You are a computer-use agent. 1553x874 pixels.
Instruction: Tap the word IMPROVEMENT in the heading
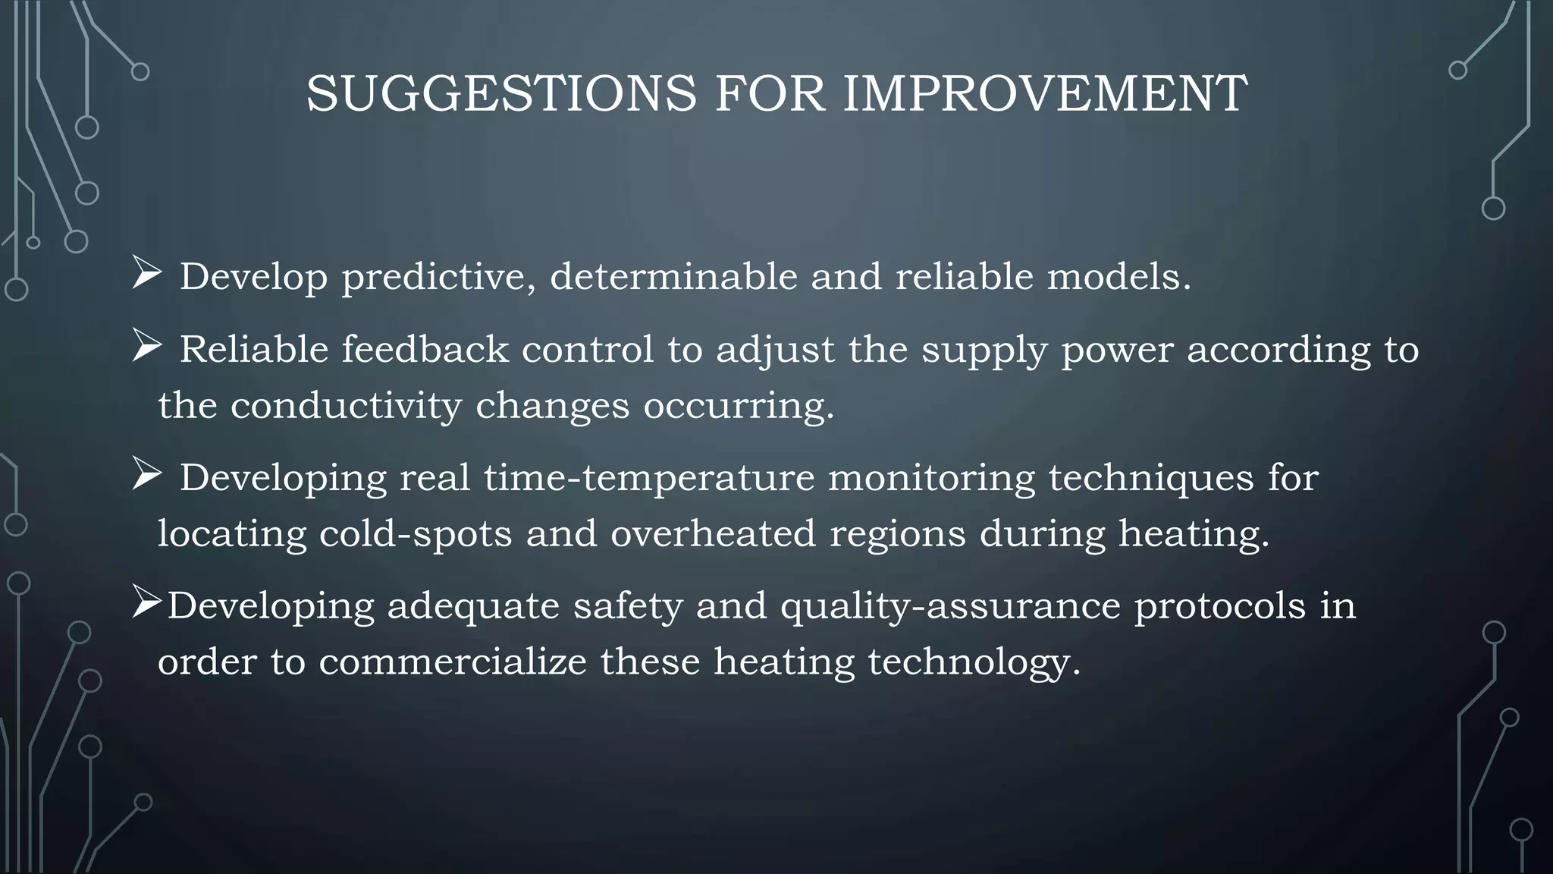tap(1045, 94)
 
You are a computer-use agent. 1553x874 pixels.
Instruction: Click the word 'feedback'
tap(425, 350)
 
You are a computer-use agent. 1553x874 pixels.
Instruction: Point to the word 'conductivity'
tap(346, 406)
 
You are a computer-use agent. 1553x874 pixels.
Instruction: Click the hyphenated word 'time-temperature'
tap(649, 479)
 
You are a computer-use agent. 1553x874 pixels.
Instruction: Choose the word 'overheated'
tap(713, 533)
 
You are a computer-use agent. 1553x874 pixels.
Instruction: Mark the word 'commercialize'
tap(453, 662)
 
